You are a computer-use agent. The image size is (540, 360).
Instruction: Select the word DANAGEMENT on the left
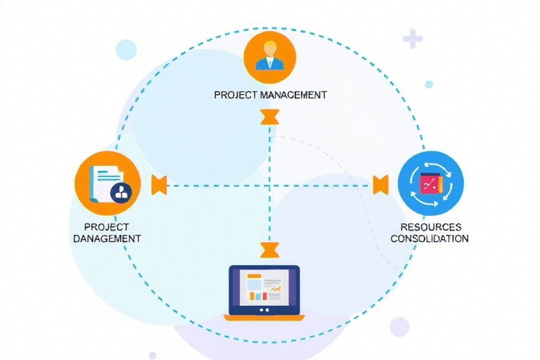tap(108, 238)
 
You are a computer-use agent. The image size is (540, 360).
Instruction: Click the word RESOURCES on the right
tap(430, 227)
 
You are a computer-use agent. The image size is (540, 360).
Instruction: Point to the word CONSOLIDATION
tap(429, 238)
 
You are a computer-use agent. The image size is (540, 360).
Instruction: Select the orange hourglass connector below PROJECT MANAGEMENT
tap(269, 117)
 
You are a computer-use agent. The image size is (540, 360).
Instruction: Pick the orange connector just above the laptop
tap(269, 249)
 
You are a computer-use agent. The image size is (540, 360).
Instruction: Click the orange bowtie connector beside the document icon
tap(160, 185)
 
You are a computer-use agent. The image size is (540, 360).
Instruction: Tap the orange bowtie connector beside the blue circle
tap(380, 185)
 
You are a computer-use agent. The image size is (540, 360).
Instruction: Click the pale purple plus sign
tap(413, 39)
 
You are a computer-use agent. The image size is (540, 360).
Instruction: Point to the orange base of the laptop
tap(264, 318)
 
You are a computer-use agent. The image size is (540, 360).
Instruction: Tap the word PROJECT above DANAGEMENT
tap(105, 227)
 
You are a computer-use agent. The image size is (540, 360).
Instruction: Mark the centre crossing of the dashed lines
tap(269, 186)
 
